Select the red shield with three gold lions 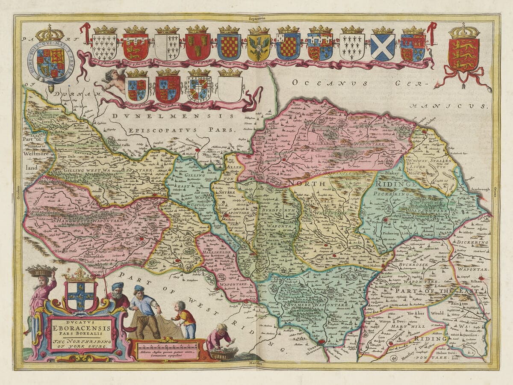coord(463,55)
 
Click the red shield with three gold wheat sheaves coord(198,46)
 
